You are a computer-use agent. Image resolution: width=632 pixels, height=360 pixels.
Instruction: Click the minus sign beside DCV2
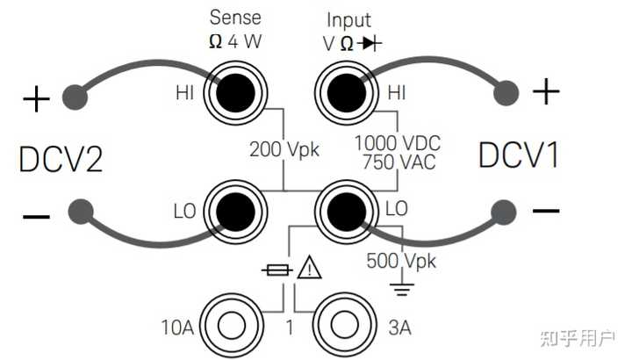36,215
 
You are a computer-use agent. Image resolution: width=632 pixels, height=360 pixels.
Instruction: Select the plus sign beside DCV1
546,90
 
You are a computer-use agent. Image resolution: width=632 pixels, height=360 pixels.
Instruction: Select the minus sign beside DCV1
546,211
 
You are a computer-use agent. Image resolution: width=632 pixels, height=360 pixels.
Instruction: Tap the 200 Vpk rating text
284,149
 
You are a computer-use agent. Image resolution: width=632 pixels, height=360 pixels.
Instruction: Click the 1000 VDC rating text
397,141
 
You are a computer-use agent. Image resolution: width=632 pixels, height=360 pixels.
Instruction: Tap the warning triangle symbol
309,270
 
